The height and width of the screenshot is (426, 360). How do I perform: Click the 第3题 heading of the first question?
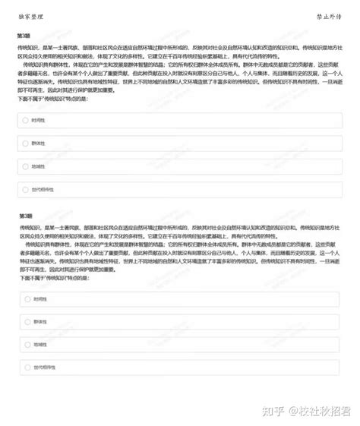click(x=24, y=36)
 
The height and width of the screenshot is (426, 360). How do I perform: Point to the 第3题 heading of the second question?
click(x=26, y=216)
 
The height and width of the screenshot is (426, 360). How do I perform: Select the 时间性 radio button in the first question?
click(x=26, y=120)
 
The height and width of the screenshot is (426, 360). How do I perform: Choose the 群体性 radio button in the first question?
click(x=26, y=143)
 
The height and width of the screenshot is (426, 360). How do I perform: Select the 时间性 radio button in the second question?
click(x=27, y=300)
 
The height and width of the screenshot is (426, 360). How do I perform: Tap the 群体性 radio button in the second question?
click(x=27, y=322)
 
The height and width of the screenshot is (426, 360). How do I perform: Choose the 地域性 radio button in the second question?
click(x=27, y=345)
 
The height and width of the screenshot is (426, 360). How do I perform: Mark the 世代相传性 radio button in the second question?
click(x=27, y=368)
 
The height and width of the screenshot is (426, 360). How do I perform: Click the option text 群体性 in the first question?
click(x=39, y=143)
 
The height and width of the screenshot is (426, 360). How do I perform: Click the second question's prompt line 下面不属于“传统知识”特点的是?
click(x=55, y=279)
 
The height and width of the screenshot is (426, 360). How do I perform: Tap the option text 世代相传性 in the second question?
click(x=44, y=368)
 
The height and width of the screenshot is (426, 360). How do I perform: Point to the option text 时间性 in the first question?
click(x=39, y=120)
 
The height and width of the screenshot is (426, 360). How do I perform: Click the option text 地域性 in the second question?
click(x=40, y=345)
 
